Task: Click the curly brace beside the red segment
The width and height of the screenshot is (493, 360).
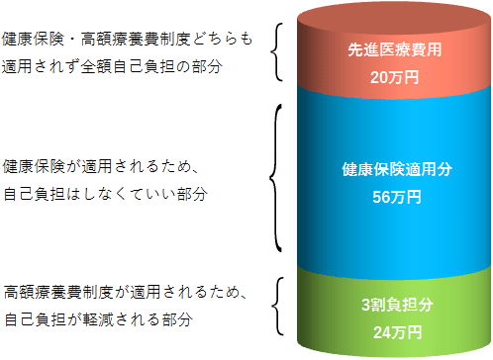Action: [277, 53]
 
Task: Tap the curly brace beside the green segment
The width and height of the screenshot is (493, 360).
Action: [277, 306]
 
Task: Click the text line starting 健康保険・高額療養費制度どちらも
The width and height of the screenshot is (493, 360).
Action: [128, 41]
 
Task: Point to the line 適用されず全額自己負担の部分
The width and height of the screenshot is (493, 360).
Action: [111, 66]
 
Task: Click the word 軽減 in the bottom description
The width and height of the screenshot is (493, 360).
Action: [94, 320]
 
